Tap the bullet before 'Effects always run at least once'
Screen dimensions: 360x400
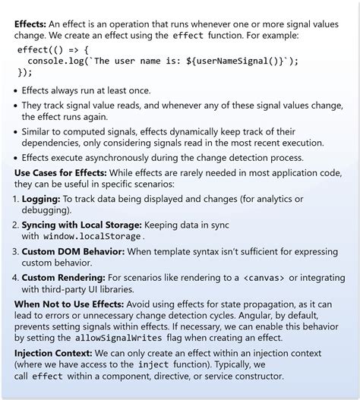[x=17, y=91]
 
